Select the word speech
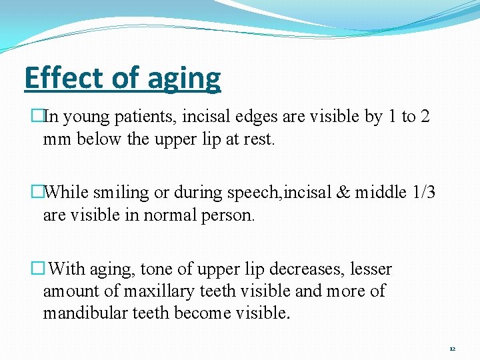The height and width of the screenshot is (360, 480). coord(257,193)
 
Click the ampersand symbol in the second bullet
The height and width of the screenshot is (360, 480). coord(342,193)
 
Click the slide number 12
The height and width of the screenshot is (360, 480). coord(452,349)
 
